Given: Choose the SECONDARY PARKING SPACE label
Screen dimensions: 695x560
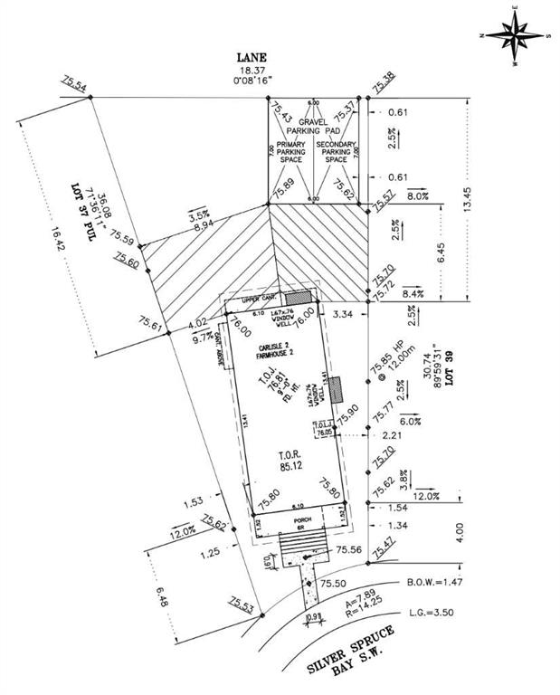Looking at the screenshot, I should tap(336, 151).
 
